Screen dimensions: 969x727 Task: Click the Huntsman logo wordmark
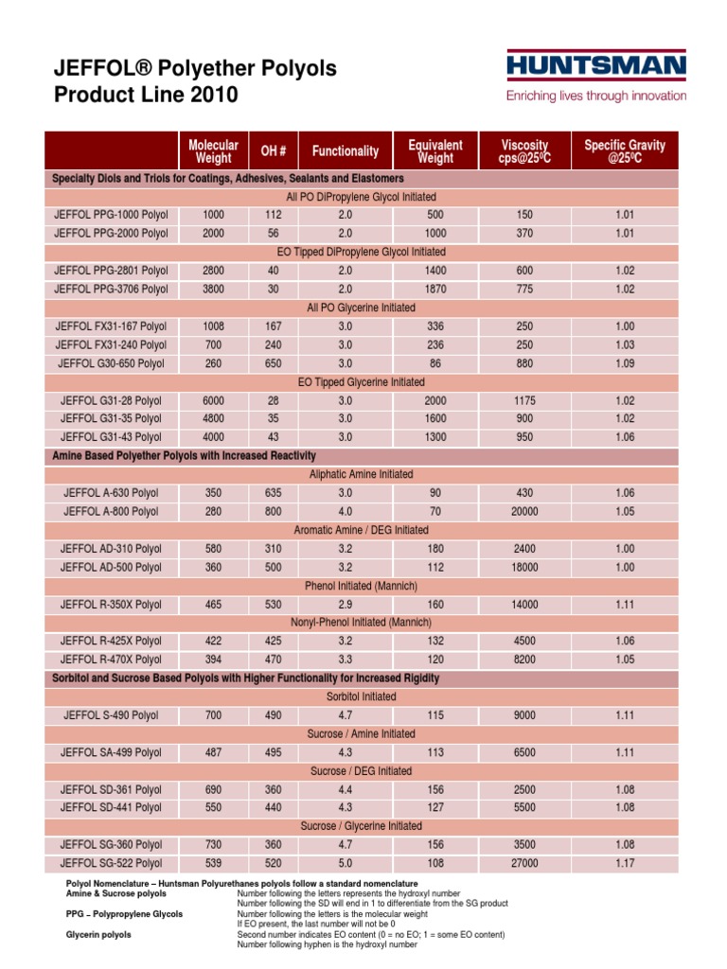[596, 67]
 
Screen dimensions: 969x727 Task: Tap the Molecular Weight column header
[213, 151]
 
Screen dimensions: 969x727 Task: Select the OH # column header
[273, 151]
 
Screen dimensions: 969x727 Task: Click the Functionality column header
[346, 151]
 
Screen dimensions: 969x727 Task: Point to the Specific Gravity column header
[625, 151]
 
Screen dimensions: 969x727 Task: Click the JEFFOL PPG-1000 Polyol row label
[111, 215]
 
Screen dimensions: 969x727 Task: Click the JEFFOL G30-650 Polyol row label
[111, 363]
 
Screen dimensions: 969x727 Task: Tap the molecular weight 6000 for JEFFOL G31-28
[213, 400]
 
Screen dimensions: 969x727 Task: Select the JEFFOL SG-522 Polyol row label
[111, 863]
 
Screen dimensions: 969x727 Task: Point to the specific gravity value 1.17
[625, 863]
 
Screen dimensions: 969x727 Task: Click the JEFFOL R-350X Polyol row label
[111, 604]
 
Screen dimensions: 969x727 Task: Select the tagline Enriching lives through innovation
[596, 97]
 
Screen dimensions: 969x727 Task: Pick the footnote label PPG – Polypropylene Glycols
[124, 914]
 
